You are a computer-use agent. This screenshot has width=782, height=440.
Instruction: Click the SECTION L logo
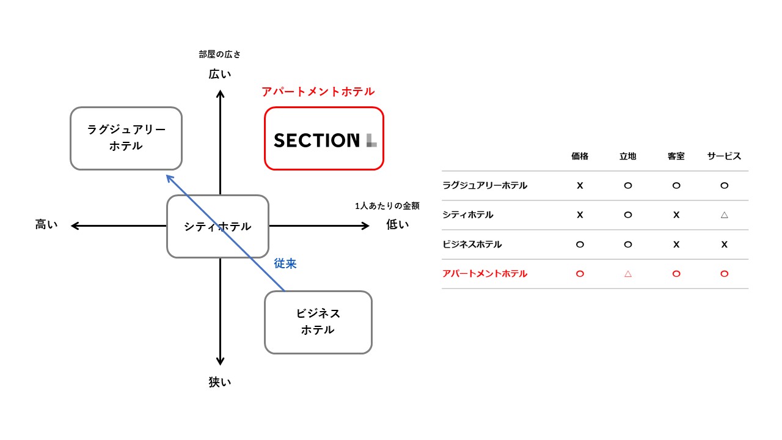pos(324,140)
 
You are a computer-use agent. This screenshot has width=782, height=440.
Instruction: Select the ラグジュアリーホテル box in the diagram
pos(126,138)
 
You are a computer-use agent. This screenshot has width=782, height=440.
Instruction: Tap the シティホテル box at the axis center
pos(217,226)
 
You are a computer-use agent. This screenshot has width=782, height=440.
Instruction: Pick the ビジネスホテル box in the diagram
pos(318,321)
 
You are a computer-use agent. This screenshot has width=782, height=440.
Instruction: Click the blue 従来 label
pos(285,263)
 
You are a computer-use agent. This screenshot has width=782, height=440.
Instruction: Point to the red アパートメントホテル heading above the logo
pos(318,92)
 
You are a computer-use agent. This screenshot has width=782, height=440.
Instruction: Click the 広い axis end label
pos(220,74)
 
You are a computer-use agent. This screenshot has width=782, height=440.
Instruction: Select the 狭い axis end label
pos(220,383)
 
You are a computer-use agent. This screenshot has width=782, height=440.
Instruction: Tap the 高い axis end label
pos(46,225)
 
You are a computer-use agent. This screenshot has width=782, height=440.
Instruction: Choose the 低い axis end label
pos(398,225)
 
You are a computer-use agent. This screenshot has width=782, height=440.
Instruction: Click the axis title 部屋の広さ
pos(220,54)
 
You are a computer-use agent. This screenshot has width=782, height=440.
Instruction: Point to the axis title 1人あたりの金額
pos(387,206)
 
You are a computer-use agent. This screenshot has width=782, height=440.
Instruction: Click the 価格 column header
pos(580,156)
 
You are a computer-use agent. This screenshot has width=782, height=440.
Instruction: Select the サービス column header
pos(724,156)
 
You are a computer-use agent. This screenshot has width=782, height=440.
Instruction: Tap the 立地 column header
pos(627,156)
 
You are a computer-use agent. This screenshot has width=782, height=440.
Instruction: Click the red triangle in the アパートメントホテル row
pos(627,274)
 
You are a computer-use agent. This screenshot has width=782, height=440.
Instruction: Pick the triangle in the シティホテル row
pos(724,215)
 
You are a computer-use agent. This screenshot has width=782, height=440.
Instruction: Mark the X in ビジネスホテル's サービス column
pos(724,244)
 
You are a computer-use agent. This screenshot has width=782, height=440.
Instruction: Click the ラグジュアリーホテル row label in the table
pos(484,185)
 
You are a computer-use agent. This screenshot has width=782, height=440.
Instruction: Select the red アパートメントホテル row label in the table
pos(484,274)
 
